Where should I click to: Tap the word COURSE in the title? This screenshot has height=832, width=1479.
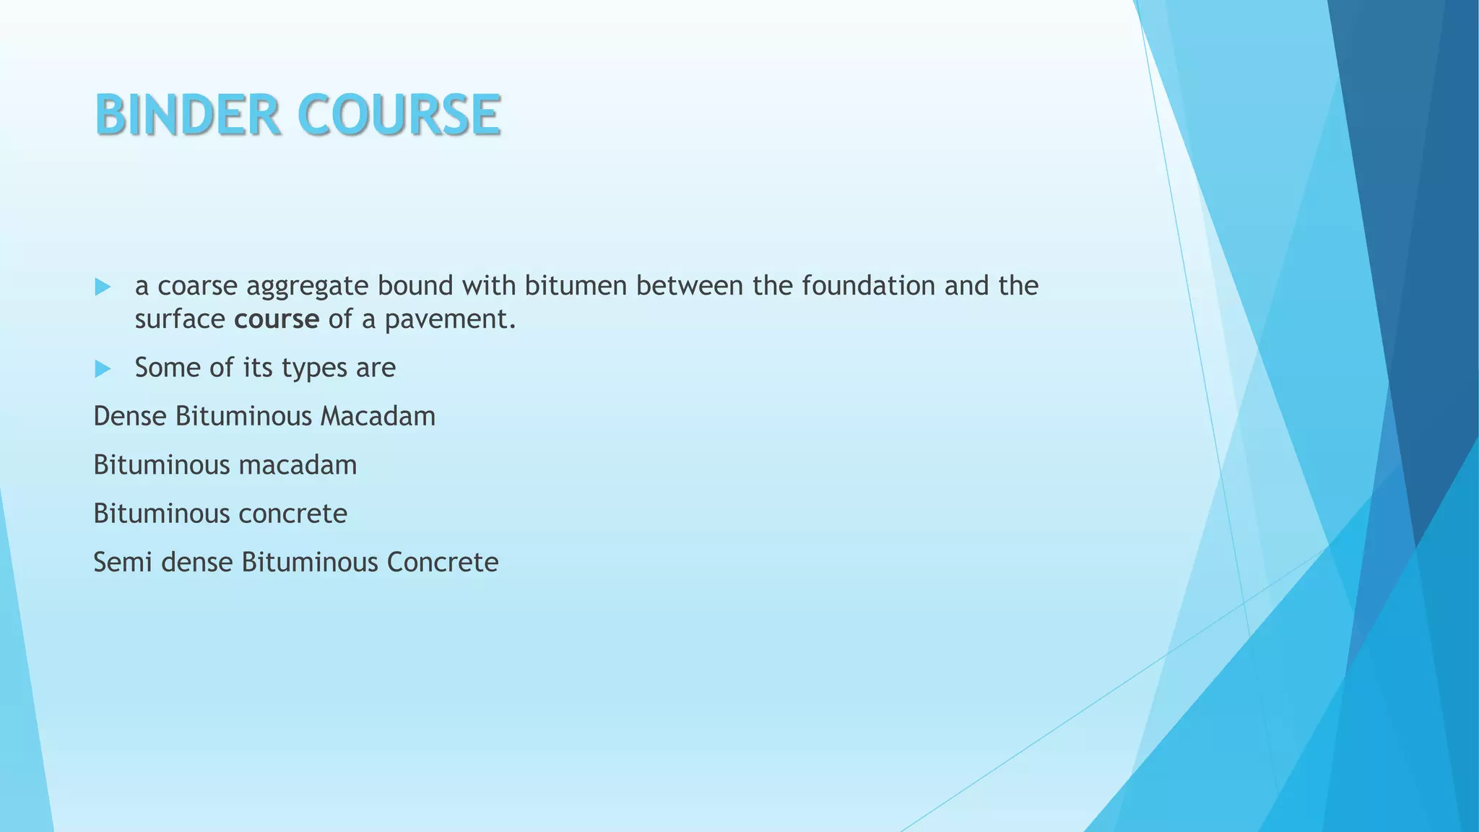[x=399, y=116]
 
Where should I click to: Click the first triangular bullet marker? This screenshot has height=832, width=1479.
[x=103, y=287]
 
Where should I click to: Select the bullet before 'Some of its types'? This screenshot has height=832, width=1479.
[x=103, y=369]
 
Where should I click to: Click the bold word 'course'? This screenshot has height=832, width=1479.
[x=277, y=319]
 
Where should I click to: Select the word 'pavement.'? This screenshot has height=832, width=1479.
[x=451, y=319]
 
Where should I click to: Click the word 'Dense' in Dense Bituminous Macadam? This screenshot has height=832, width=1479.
[x=130, y=417]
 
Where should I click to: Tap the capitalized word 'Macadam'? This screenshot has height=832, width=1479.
[x=378, y=417]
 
